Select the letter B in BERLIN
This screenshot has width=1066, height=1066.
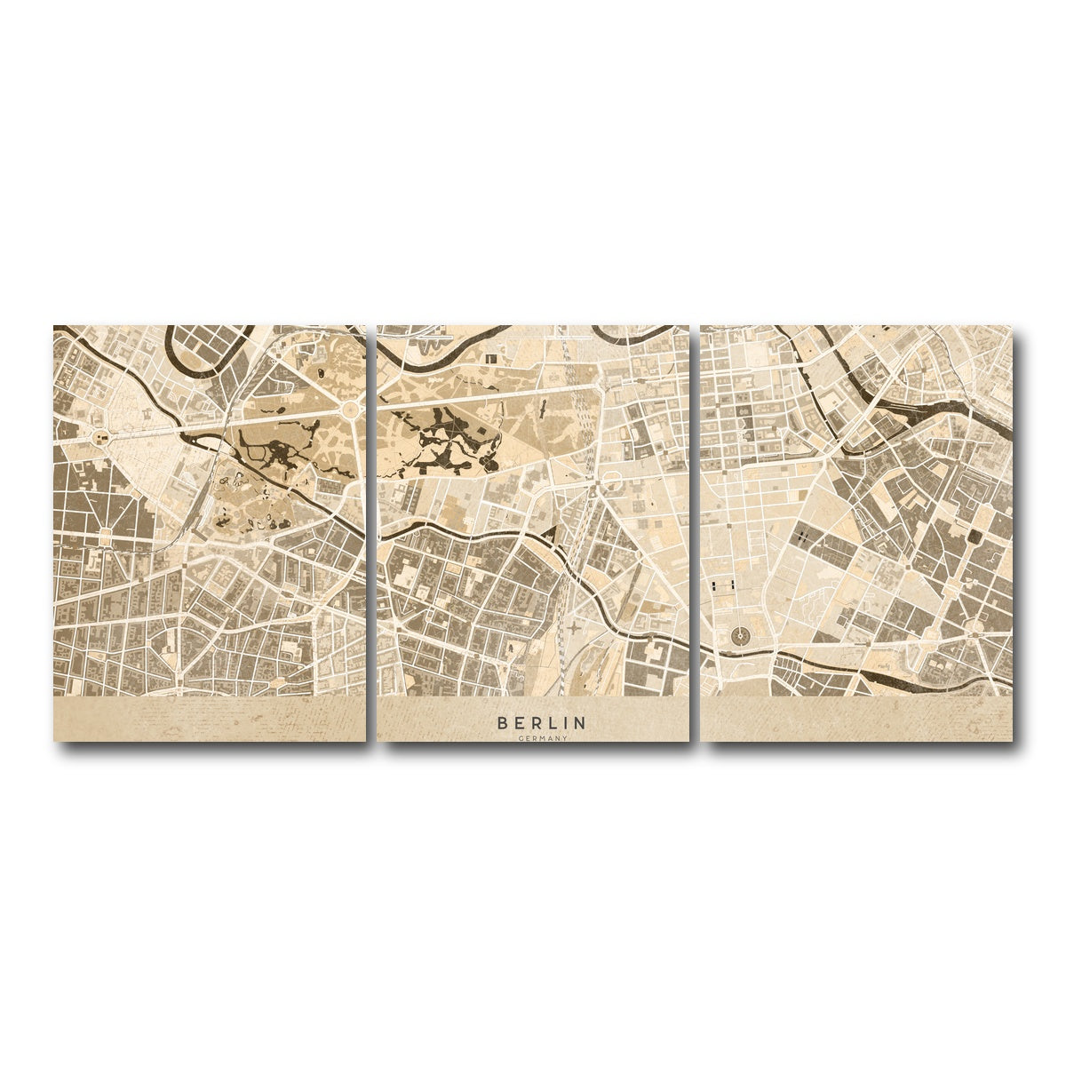pos(503,723)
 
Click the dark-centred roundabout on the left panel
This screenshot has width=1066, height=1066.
pos(99,437)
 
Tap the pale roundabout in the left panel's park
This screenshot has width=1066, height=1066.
pos(351,409)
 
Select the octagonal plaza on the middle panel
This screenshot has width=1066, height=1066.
pos(613,481)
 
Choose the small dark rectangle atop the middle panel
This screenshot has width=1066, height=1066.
pos(491,358)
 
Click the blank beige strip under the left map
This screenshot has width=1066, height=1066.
pos(210,719)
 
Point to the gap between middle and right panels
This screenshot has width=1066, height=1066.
pos(696,533)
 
